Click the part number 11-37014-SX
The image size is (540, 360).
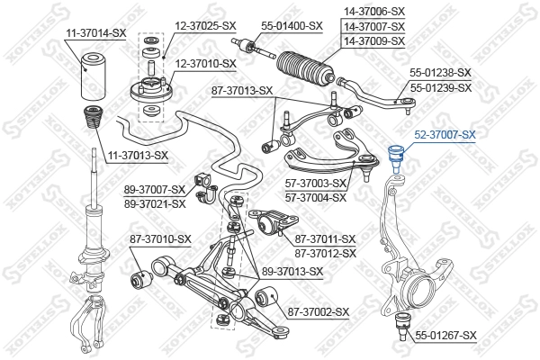point(95,32)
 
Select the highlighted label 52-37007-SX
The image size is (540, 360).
point(445,134)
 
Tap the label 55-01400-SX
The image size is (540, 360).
point(291,25)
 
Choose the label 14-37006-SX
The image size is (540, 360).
point(373,11)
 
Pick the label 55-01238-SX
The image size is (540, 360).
point(440,71)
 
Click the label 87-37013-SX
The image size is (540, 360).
point(241,90)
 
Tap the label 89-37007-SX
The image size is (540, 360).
point(155,191)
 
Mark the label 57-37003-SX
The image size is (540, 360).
point(316,184)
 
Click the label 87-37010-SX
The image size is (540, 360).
point(160,238)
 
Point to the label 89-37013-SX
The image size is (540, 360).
point(292,271)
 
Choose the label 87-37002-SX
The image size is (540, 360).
point(318,311)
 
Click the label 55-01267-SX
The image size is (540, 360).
point(445,335)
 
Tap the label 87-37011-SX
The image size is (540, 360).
point(326,238)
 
